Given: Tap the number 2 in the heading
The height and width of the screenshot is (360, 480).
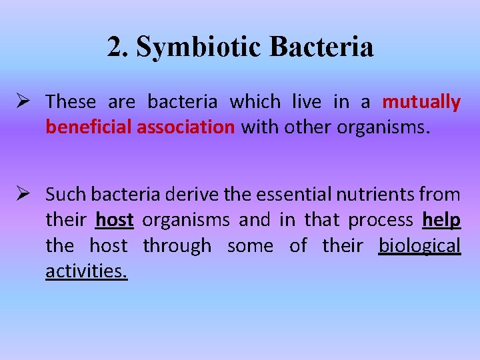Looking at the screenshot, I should [x=115, y=47].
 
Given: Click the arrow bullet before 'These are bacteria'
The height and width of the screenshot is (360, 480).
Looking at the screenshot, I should [x=27, y=102].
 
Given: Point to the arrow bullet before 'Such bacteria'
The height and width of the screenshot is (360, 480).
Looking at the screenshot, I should [x=27, y=194].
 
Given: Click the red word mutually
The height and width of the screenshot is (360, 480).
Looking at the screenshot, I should [x=421, y=102].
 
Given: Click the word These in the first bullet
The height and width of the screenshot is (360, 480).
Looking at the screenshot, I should [x=71, y=102].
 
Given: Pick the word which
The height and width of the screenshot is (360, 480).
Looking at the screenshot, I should [x=255, y=102].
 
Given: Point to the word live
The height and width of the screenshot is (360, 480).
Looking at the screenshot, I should [x=305, y=102].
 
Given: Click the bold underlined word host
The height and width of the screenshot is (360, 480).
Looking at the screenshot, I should [x=115, y=220].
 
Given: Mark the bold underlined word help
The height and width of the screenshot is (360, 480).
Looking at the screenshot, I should [x=441, y=220].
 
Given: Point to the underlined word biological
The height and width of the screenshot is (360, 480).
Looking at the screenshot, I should [x=419, y=246].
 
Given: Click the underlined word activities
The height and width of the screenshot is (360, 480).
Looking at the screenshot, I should [x=86, y=271].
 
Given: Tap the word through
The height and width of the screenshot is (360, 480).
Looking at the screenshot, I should [x=177, y=246].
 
